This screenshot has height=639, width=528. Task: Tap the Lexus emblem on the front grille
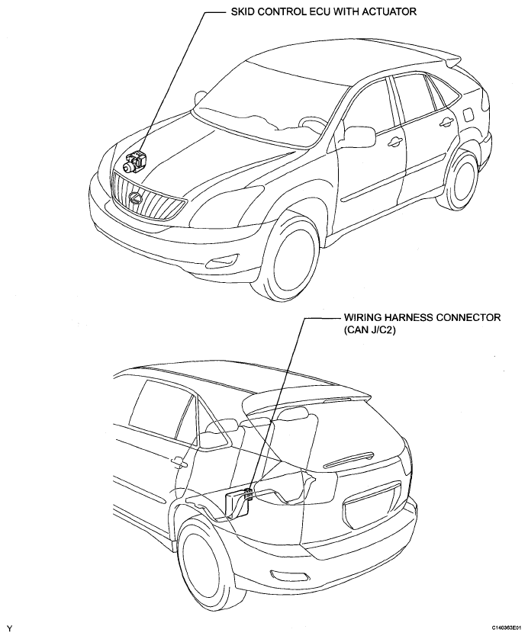[x=135, y=197]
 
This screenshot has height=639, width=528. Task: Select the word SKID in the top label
[x=242, y=11]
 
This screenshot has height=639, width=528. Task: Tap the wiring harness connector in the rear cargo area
[x=248, y=494]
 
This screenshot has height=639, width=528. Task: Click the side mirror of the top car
[x=359, y=136]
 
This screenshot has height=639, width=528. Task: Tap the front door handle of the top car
[x=394, y=141]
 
